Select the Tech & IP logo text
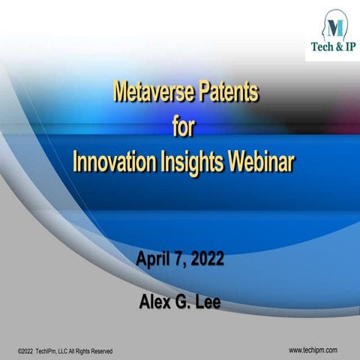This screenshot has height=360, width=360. coord(333,47)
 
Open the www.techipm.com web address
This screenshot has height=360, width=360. coord(313,349)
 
